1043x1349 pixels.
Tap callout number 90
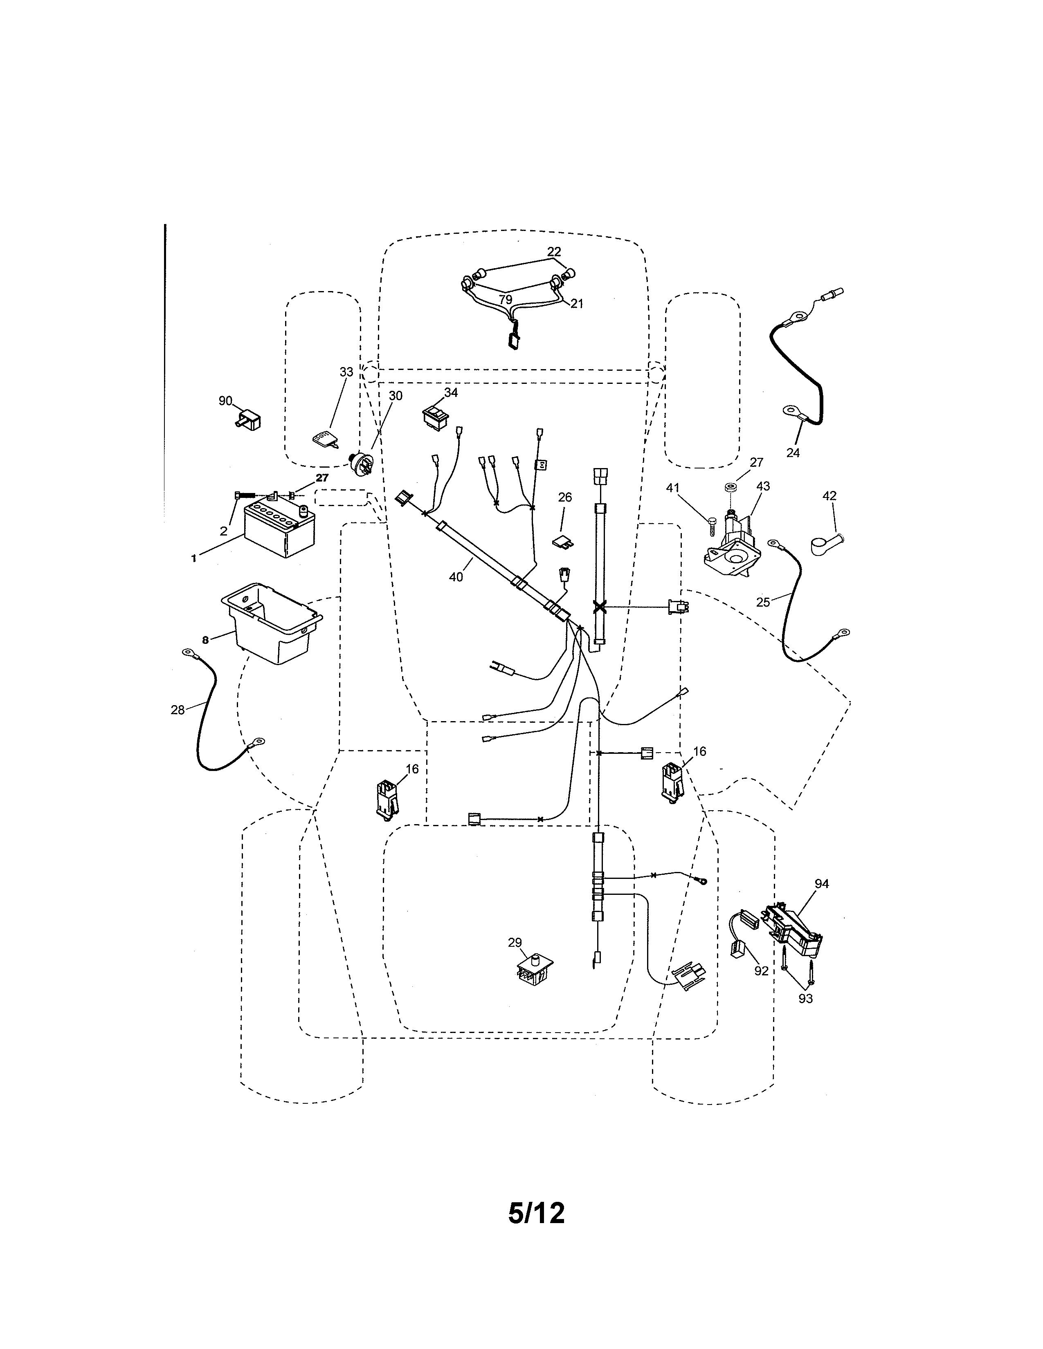tap(225, 401)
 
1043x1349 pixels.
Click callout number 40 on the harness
tap(456, 578)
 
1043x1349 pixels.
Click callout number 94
tap(821, 884)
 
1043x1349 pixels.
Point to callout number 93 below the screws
tap(805, 999)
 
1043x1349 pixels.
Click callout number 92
tap(761, 971)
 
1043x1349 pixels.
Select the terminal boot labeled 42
tap(826, 545)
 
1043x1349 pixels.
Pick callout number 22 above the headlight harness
tap(554, 251)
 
